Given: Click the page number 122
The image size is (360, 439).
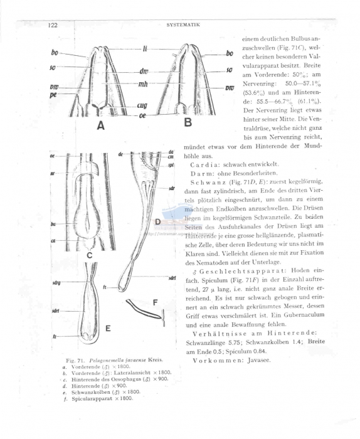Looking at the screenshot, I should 53,25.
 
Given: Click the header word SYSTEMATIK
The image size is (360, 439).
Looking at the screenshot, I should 183,25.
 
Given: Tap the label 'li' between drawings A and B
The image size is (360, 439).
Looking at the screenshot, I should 145,47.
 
